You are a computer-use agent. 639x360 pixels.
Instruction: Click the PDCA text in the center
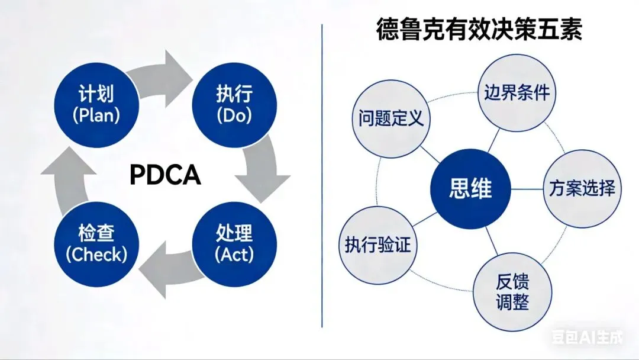tap(165, 175)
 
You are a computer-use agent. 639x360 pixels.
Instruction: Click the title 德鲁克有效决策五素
tap(479, 30)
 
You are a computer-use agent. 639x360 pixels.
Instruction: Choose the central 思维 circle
tap(470, 190)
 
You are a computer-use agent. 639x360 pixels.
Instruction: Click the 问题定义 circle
tap(391, 118)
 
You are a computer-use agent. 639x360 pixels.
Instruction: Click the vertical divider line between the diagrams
tap(322, 178)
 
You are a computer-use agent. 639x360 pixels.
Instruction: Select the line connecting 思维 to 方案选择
tap(527, 189)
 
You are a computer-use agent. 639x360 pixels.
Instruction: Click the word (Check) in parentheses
tap(96, 255)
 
